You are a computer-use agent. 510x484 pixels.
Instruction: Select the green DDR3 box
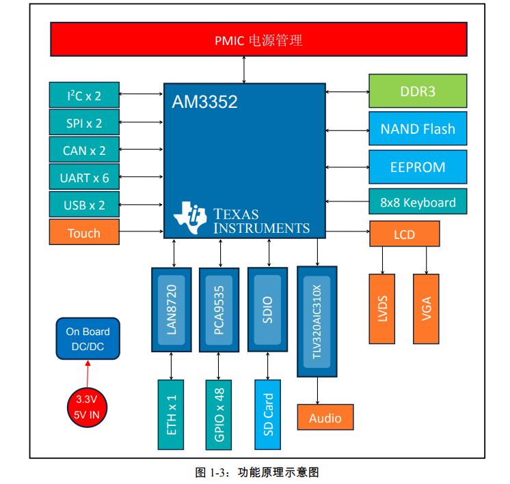point(417,91)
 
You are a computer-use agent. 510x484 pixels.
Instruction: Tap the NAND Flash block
point(417,129)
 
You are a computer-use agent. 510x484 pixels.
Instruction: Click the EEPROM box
point(417,167)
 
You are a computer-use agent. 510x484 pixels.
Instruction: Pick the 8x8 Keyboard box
point(417,202)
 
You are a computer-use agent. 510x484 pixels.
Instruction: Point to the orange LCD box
point(404,234)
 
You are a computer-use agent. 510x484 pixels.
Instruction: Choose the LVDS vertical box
point(382,309)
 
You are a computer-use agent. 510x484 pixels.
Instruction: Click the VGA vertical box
point(427,309)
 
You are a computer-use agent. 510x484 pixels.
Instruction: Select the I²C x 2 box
point(84,96)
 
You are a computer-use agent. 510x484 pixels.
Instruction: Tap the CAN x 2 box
point(84,150)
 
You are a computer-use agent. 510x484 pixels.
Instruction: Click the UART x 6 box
point(84,177)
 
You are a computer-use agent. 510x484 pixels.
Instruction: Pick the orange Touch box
point(84,233)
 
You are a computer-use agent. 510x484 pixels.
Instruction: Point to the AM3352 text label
point(204,102)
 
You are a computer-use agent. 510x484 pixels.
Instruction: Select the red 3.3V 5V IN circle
point(88,405)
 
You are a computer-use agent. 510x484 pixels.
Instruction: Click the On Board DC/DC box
point(88,339)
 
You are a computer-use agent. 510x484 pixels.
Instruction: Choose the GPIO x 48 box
point(219,415)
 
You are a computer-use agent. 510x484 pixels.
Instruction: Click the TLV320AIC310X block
point(317,321)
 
